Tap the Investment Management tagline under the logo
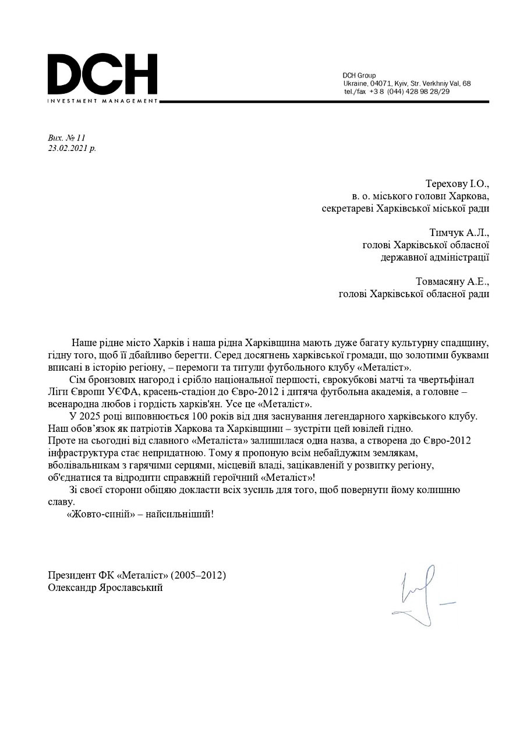click(102, 101)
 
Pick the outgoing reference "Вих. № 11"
click(66, 138)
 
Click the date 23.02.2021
click(68, 148)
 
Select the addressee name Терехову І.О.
click(457, 184)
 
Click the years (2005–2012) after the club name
click(199, 575)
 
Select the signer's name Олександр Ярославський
click(105, 587)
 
